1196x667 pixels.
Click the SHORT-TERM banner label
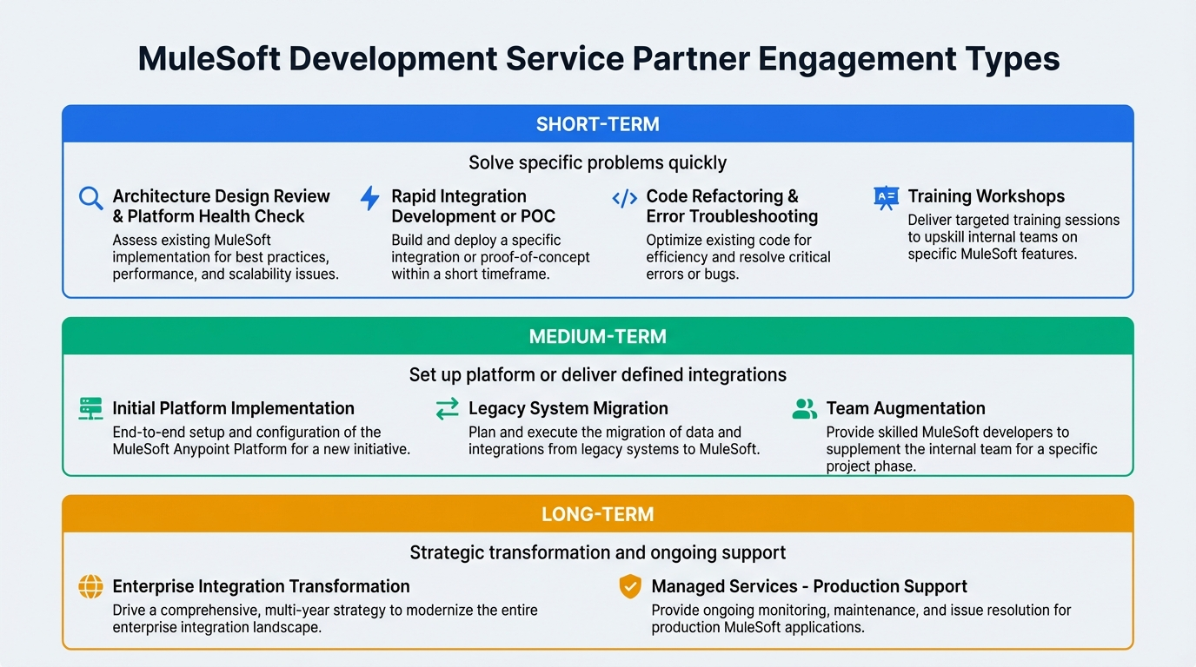[597, 124]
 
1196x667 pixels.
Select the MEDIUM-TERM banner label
[597, 336]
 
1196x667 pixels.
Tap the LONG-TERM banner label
[597, 514]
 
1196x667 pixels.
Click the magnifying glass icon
[90, 198]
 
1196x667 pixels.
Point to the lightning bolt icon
[370, 198]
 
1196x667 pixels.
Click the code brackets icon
[624, 198]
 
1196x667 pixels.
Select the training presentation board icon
[886, 198]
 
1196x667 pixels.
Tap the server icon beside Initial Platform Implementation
[90, 408]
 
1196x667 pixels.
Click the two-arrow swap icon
[447, 409]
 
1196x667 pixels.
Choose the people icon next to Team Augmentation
[805, 409]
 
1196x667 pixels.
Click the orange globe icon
[90, 587]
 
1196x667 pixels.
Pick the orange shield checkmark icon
[629, 587]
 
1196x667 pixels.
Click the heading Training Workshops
[986, 196]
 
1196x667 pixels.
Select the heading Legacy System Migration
[568, 408]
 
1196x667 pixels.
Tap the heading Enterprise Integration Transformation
[261, 586]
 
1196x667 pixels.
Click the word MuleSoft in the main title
[209, 59]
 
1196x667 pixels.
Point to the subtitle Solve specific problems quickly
[597, 162]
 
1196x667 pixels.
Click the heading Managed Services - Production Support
[808, 586]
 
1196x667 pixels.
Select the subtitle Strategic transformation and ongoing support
[597, 552]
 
